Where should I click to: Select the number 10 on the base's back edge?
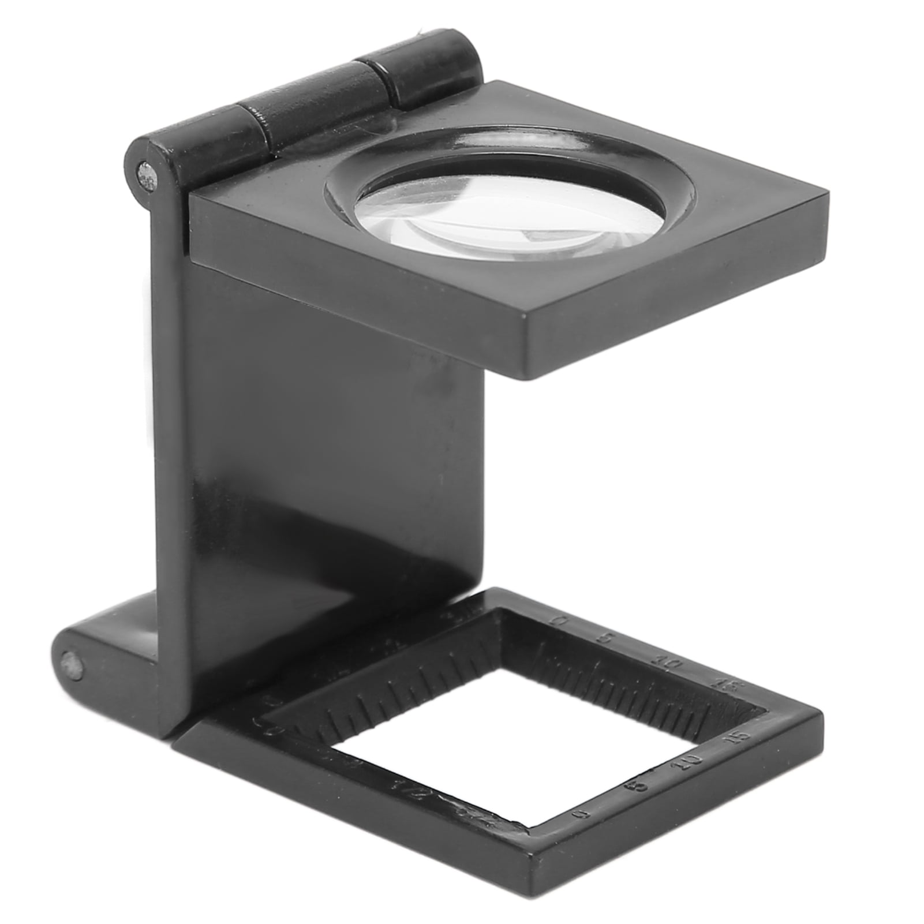(670, 664)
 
